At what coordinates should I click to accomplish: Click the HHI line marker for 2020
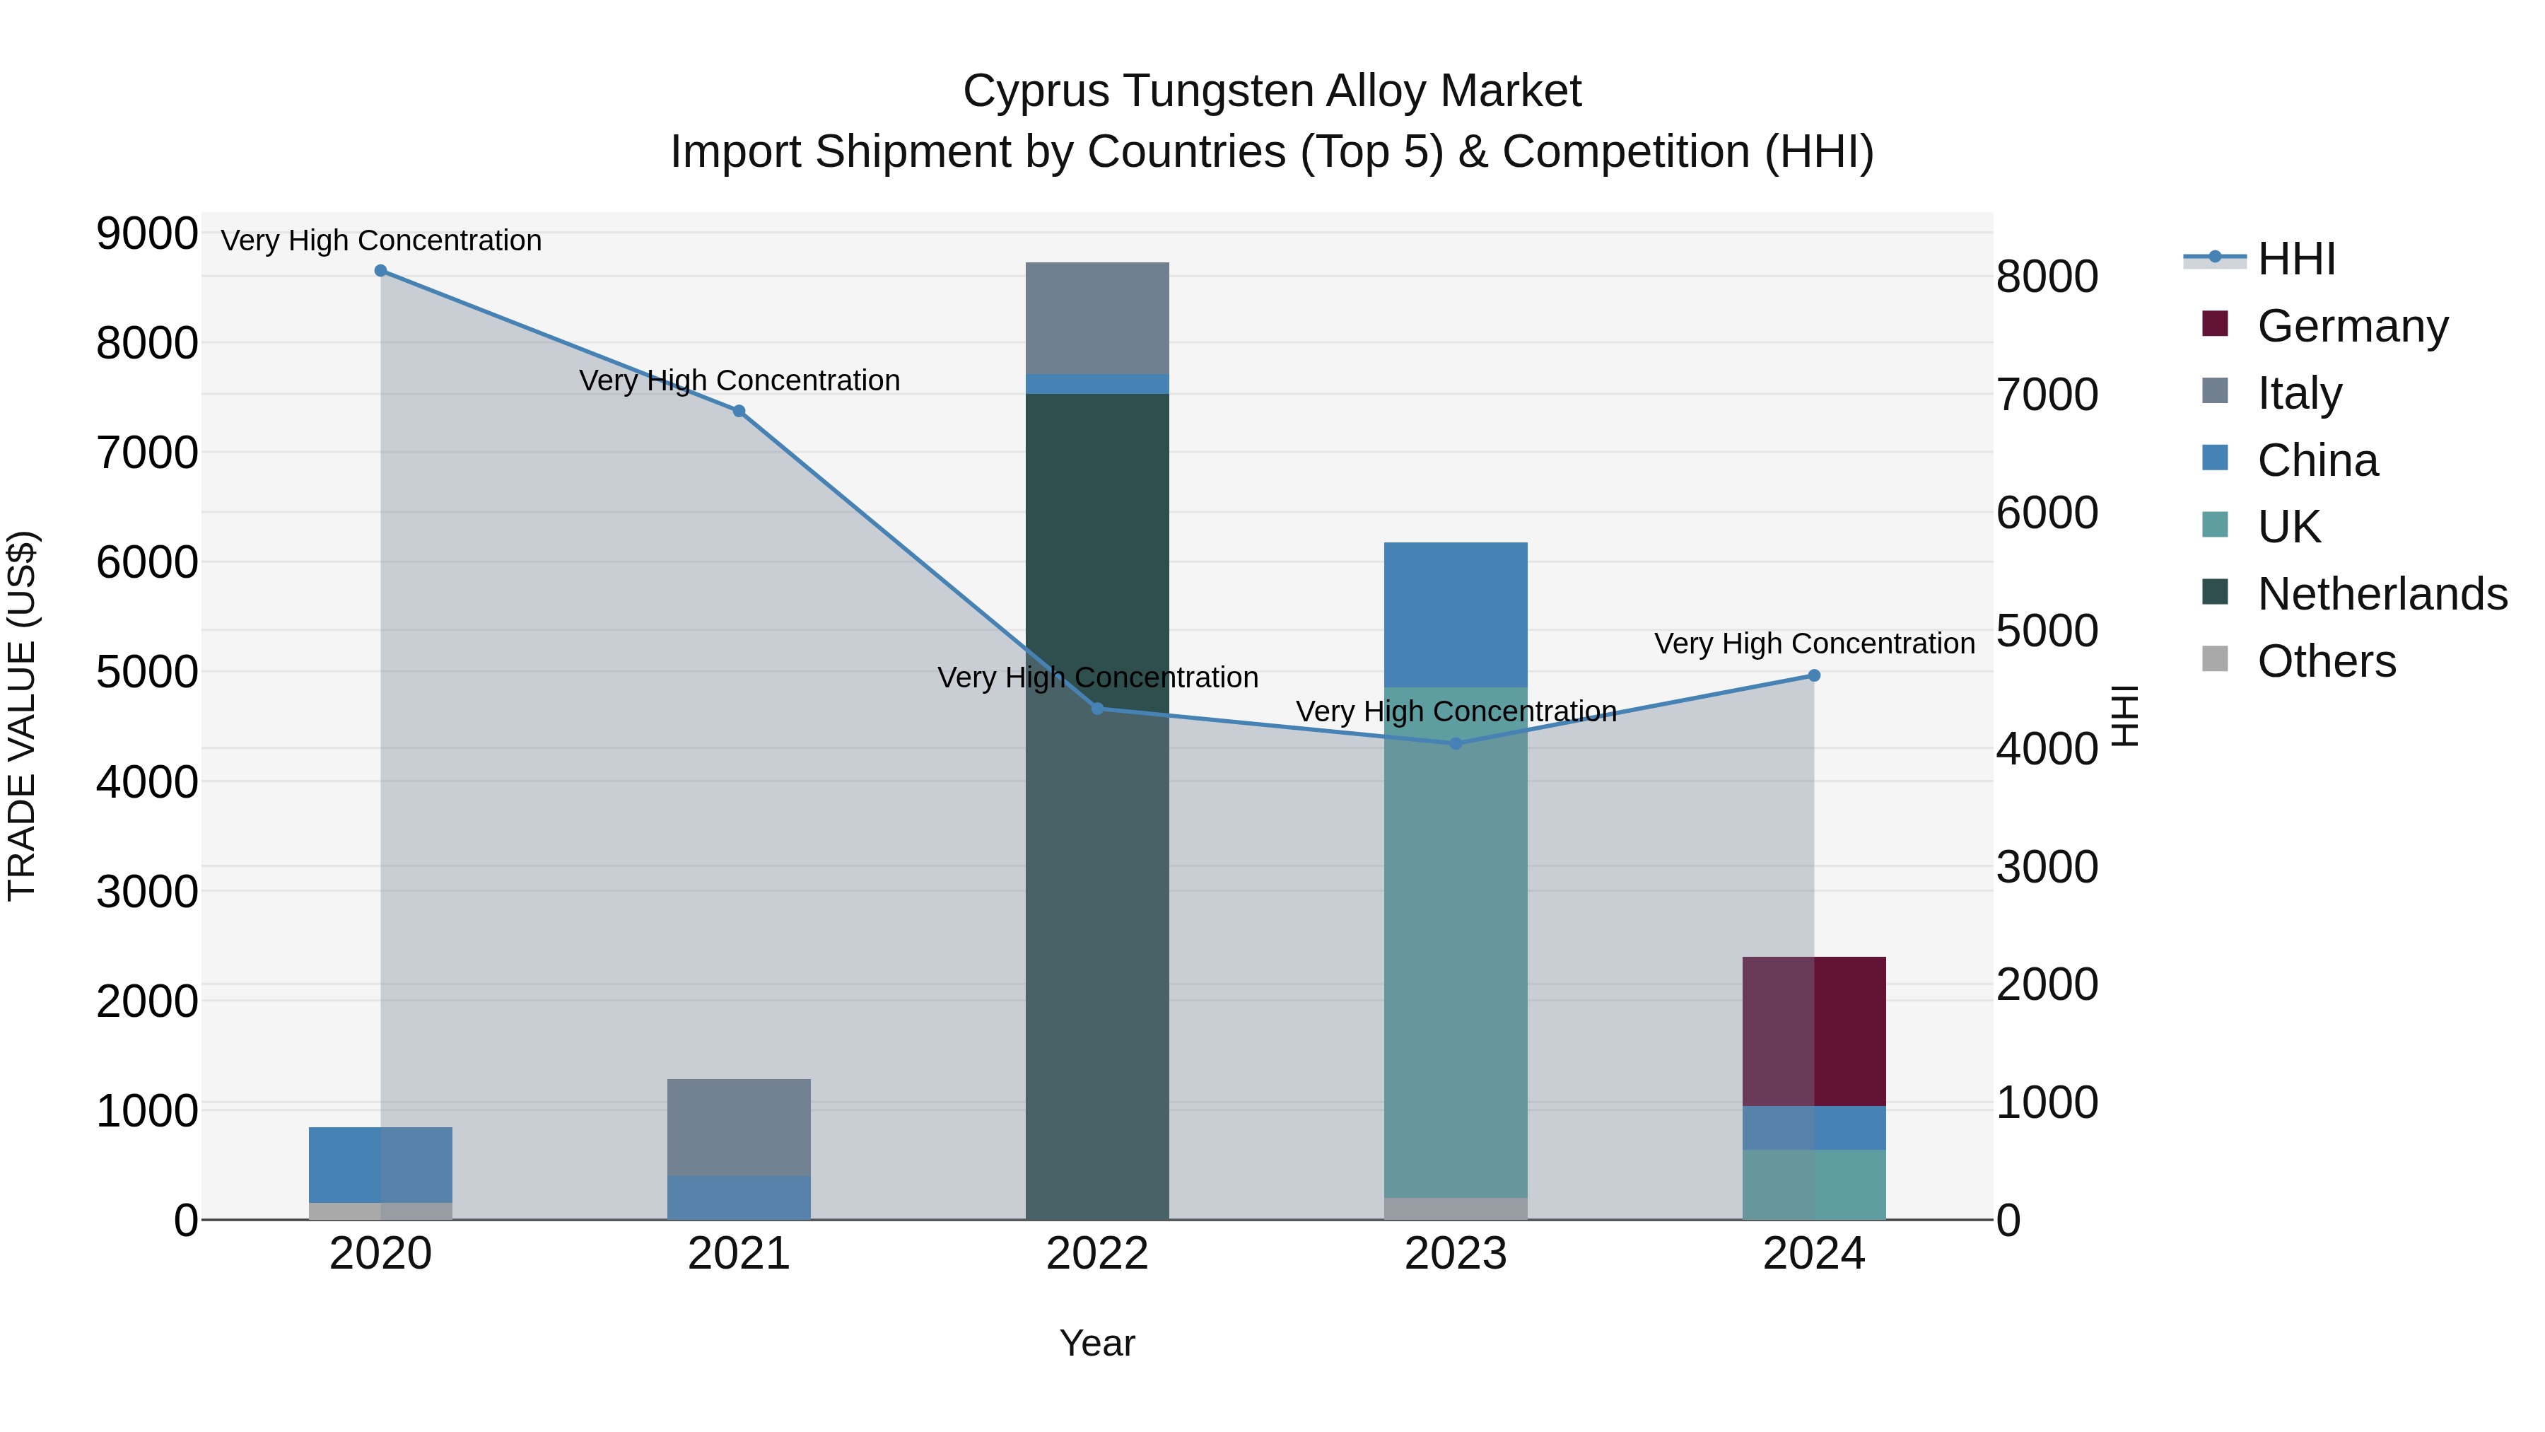(x=380, y=271)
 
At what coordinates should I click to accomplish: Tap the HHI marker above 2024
(x=1814, y=676)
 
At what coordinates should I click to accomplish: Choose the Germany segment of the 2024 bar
(x=1814, y=1031)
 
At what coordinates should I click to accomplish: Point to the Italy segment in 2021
(x=739, y=1127)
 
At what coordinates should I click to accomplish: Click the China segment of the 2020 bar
(x=380, y=1164)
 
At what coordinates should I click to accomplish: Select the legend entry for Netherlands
(x=2382, y=594)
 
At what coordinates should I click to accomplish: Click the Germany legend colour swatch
(x=2215, y=324)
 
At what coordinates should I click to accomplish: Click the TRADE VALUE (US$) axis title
(x=23, y=716)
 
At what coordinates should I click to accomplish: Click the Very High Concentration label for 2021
(x=739, y=380)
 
